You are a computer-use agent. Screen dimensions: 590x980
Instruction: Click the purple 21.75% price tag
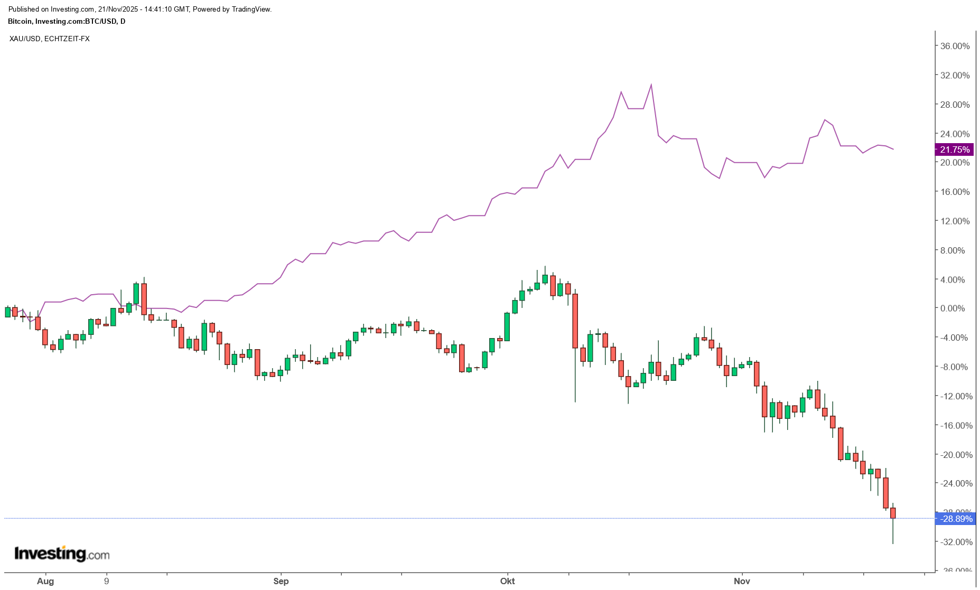[954, 149]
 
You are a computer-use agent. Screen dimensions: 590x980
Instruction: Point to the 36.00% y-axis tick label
[955, 46]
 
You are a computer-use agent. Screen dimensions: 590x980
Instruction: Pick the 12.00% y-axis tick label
[955, 221]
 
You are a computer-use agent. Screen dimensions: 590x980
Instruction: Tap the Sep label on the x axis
[281, 582]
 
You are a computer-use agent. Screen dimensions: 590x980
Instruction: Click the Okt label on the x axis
[508, 582]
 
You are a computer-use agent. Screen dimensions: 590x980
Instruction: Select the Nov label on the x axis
[742, 582]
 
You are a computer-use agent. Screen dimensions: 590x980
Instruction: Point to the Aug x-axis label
[45, 582]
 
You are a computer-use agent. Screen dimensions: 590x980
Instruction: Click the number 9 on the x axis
[107, 582]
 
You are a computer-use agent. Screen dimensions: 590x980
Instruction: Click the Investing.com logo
[62, 554]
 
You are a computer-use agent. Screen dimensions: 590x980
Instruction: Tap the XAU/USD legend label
[25, 39]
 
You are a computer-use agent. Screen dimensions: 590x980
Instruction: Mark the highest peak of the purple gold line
[651, 85]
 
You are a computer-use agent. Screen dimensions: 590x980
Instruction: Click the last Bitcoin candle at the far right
[893, 513]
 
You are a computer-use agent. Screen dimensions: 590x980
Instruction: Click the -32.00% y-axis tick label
[955, 542]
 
